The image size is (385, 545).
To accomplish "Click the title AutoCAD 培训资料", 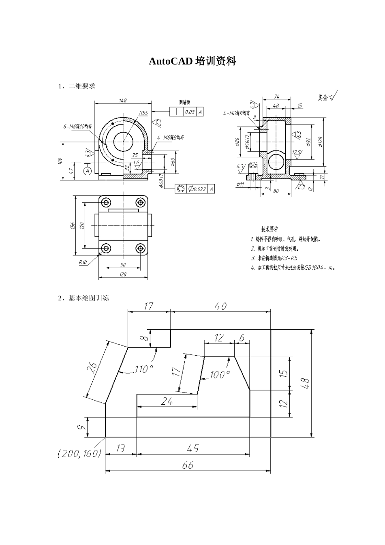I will (x=192, y=61).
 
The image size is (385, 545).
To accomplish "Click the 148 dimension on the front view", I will (x=122, y=100).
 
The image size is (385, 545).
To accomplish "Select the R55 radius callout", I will (x=143, y=112).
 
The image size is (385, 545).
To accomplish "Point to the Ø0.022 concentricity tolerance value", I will (x=197, y=189).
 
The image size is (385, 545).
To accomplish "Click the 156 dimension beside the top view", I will (x=73, y=225).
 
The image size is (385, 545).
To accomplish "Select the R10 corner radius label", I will (x=83, y=262).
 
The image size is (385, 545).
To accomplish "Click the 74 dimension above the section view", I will (x=277, y=97).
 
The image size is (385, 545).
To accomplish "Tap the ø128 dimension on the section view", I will (x=321, y=142).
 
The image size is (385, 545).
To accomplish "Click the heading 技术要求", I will (x=269, y=230).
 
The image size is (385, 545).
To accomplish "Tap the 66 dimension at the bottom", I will (x=188, y=465).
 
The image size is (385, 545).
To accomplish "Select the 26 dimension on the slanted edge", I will (x=92, y=367).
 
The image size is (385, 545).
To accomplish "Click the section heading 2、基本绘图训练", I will (x=83, y=298).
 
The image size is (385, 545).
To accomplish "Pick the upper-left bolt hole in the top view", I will (x=106, y=202).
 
